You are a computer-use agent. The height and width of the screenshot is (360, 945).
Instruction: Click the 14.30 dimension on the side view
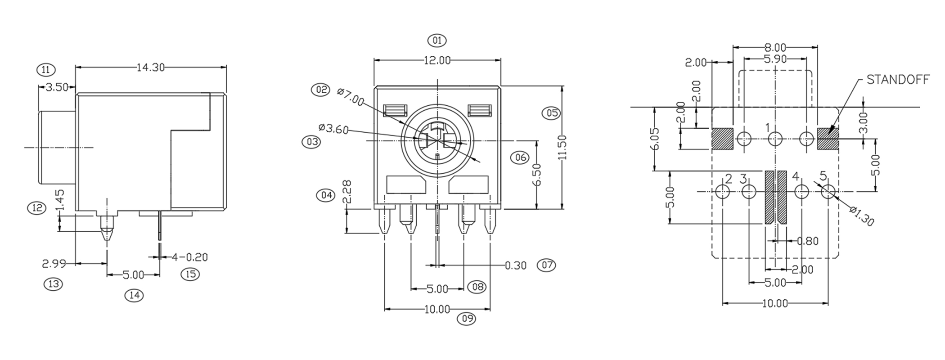pyautogui.click(x=150, y=67)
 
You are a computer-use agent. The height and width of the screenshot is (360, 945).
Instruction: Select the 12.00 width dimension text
pyautogui.click(x=436, y=60)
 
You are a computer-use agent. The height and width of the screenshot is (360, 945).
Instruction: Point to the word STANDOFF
pyautogui.click(x=897, y=80)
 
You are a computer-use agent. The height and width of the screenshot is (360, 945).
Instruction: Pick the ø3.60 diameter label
pyautogui.click(x=333, y=129)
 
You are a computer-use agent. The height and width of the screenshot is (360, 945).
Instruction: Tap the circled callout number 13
pyautogui.click(x=53, y=284)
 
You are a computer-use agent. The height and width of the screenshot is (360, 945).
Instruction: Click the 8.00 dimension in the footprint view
pyautogui.click(x=775, y=47)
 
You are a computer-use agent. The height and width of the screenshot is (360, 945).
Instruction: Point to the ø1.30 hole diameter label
pyautogui.click(x=862, y=216)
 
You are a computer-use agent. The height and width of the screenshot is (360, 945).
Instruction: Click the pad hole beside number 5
pyautogui.click(x=828, y=192)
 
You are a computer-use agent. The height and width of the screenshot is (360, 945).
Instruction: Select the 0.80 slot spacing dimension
pyautogui.click(x=807, y=241)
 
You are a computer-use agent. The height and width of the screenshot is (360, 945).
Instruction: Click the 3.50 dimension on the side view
pyautogui.click(x=57, y=87)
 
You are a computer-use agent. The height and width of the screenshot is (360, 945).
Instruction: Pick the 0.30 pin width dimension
pyautogui.click(x=515, y=265)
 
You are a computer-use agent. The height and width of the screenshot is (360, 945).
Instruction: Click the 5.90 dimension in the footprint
pyautogui.click(x=775, y=59)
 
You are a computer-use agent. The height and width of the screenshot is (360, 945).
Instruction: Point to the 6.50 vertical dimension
pyautogui.click(x=536, y=175)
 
